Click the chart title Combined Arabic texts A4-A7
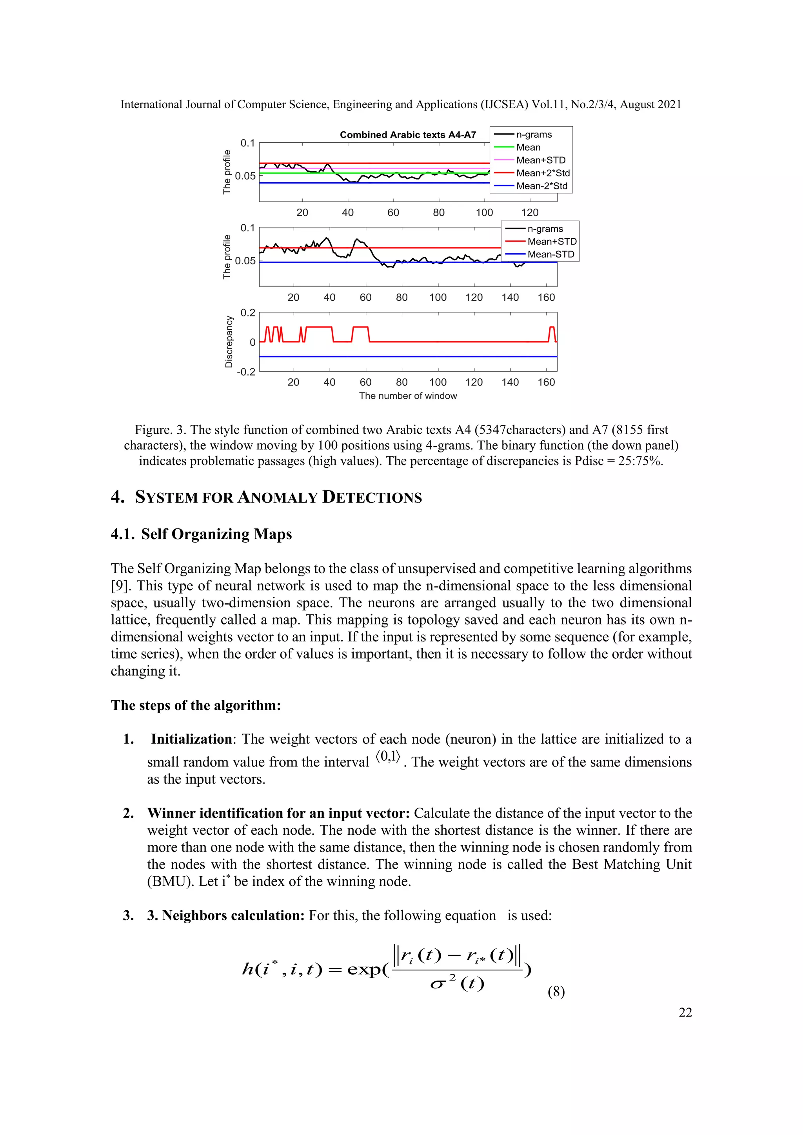tap(407, 134)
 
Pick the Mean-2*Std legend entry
tap(541, 186)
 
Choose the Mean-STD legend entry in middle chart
tap(550, 254)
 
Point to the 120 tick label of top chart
tap(530, 212)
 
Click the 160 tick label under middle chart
tap(546, 297)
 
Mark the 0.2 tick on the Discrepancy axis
tap(248, 312)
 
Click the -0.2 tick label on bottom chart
tap(246, 372)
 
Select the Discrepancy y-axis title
tap(229, 341)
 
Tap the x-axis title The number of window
tap(407, 396)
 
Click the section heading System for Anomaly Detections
tap(278, 497)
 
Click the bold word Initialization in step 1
tap(191, 739)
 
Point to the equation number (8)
tap(556, 992)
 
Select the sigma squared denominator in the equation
tap(456, 983)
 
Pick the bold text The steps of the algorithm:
tap(196, 705)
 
